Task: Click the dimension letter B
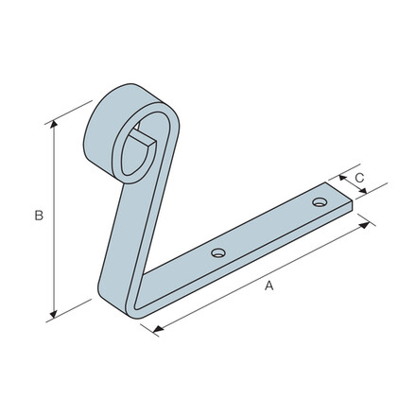pyautogui.click(x=39, y=217)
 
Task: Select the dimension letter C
pyautogui.click(x=359, y=178)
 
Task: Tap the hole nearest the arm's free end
pyautogui.click(x=320, y=202)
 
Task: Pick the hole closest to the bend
pyautogui.click(x=218, y=252)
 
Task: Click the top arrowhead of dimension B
pyautogui.click(x=53, y=126)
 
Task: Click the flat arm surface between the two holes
pyautogui.click(x=269, y=228)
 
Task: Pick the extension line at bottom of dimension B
pyautogui.click(x=71, y=309)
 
